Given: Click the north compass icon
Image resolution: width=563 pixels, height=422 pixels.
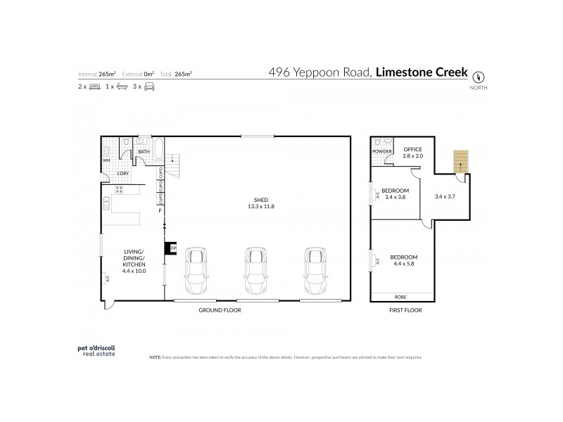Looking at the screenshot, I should pyautogui.click(x=481, y=76).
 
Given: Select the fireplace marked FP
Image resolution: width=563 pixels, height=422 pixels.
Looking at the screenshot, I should pyautogui.click(x=170, y=248).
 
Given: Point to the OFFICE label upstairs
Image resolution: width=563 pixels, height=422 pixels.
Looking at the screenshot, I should pyautogui.click(x=412, y=150).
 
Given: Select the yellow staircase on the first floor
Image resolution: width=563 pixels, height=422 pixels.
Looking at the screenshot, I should pyautogui.click(x=460, y=162).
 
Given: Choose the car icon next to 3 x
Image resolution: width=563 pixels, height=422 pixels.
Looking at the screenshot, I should pyautogui.click(x=149, y=87).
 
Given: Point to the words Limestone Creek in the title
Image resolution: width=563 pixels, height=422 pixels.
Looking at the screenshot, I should pyautogui.click(x=420, y=72).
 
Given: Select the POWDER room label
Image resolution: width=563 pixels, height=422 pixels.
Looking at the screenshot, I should pyautogui.click(x=382, y=151).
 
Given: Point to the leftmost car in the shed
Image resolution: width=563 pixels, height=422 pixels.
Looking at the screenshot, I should pyautogui.click(x=196, y=271).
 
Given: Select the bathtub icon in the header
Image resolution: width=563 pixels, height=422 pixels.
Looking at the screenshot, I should pyautogui.click(x=121, y=87).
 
